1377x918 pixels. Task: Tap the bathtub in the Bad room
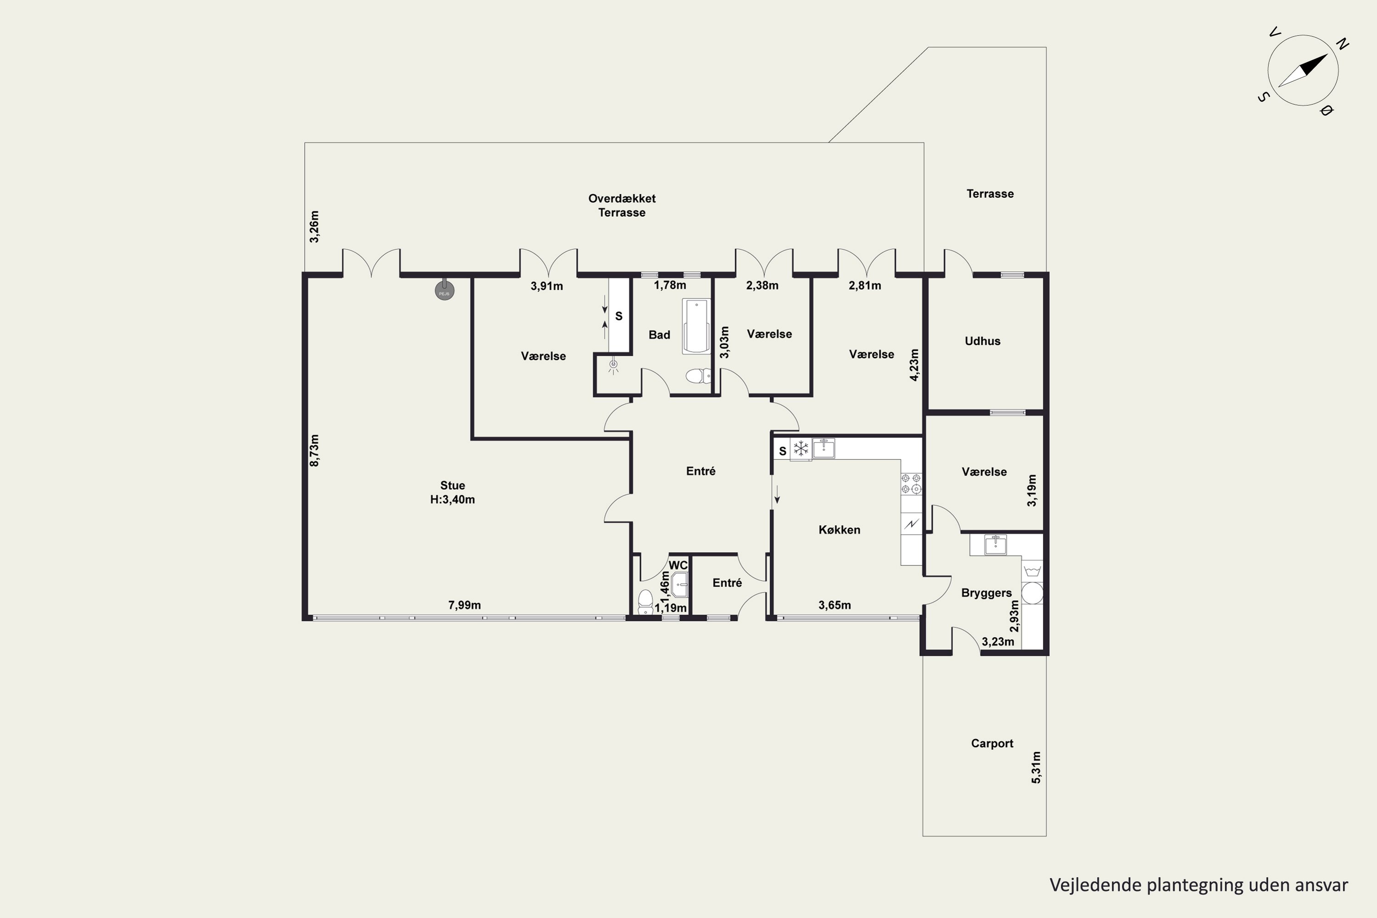[696, 326]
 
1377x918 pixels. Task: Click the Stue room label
[453, 485]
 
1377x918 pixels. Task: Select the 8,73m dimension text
[314, 450]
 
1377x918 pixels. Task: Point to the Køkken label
[839, 530]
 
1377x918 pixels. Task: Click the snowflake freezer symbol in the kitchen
[800, 449]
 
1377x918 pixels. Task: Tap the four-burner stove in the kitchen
[911, 484]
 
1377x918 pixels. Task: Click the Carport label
[992, 744]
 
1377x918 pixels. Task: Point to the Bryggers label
[986, 593]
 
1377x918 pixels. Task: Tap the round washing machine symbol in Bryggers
[1032, 593]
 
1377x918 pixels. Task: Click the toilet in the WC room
[645, 601]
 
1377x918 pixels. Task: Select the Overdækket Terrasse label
[622, 206]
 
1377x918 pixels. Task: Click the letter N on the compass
[1343, 44]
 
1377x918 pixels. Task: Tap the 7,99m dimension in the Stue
[464, 605]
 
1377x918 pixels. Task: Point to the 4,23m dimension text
[914, 365]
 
